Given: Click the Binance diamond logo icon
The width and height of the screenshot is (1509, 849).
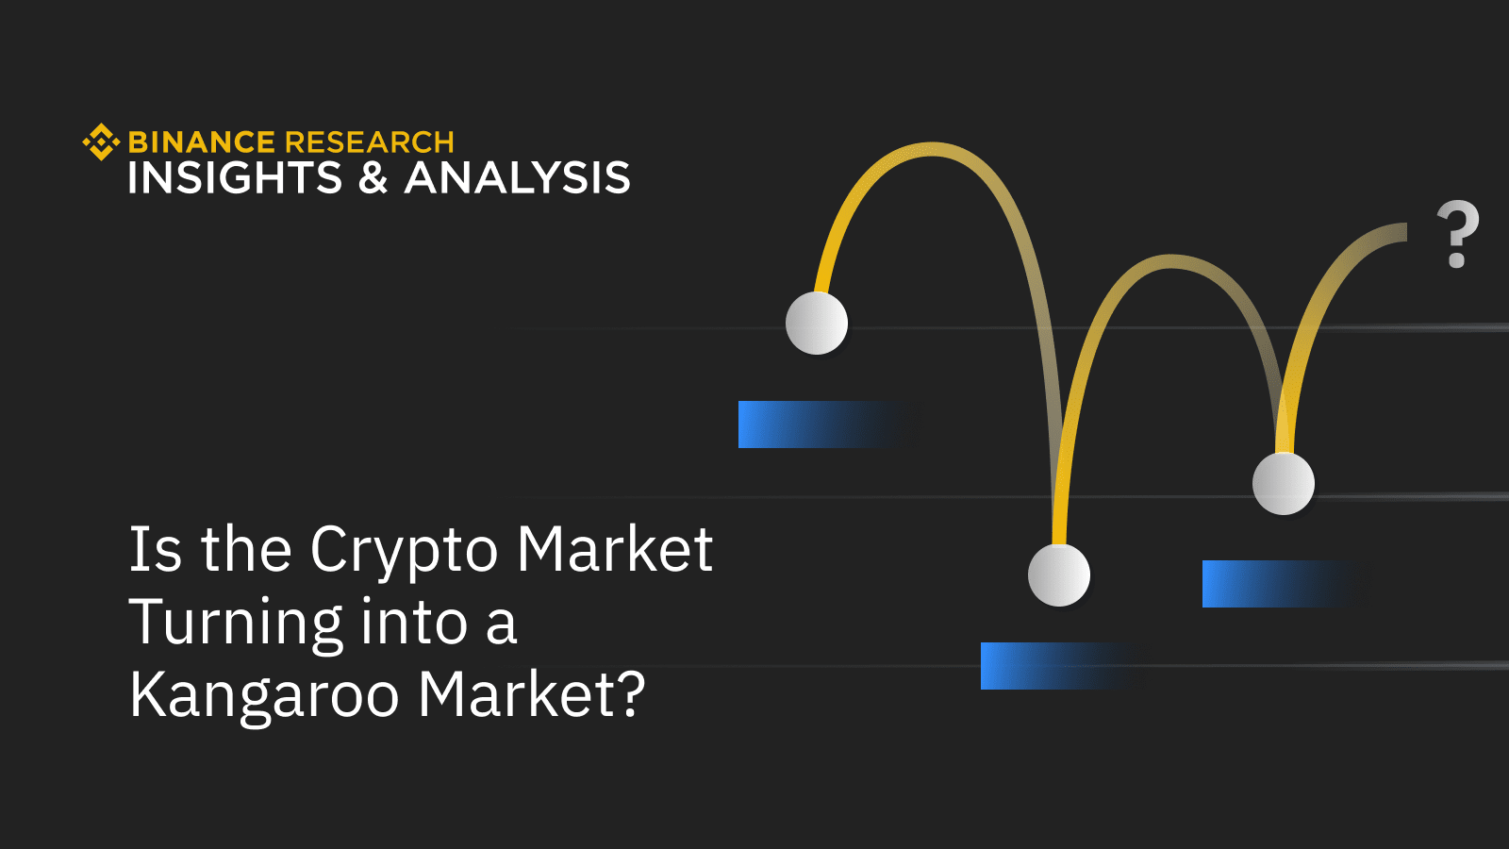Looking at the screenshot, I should coord(101,142).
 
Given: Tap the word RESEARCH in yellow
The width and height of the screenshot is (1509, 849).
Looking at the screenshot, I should coord(369,142).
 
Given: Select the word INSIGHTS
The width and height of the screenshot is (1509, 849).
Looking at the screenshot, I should coord(235,178).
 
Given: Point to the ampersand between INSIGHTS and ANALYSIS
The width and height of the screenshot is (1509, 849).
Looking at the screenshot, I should coord(373,178).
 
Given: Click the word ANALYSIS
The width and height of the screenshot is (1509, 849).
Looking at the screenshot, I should coord(517,178).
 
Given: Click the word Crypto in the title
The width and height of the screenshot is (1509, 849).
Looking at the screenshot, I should coord(404,551).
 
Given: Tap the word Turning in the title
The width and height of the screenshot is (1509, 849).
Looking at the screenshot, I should coord(236,624).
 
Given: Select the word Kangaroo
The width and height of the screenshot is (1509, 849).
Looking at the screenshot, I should coord(265,696).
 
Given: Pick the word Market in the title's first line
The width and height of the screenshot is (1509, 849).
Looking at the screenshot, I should coord(615,549).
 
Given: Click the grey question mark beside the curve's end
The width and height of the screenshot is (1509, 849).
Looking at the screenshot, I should coord(1457,234).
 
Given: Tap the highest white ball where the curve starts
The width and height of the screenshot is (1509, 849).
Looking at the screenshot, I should coord(817,323).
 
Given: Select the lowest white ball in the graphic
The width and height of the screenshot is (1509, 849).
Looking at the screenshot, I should coord(1059,575).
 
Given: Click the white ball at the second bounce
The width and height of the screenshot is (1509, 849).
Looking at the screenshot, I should coord(1284,483).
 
